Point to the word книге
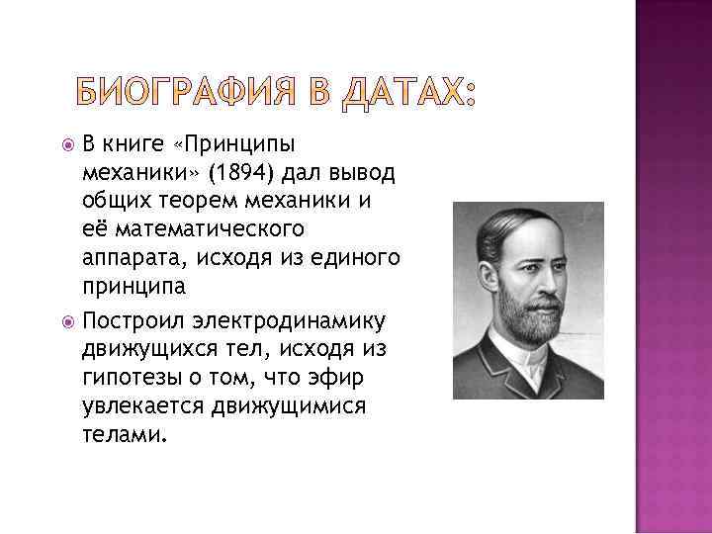(x=136, y=147)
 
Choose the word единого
(x=353, y=258)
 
